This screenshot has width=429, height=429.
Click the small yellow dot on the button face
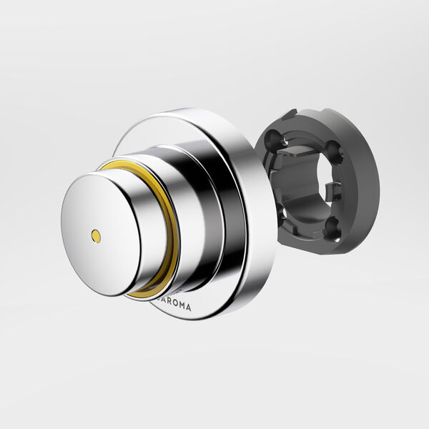point(96,234)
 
